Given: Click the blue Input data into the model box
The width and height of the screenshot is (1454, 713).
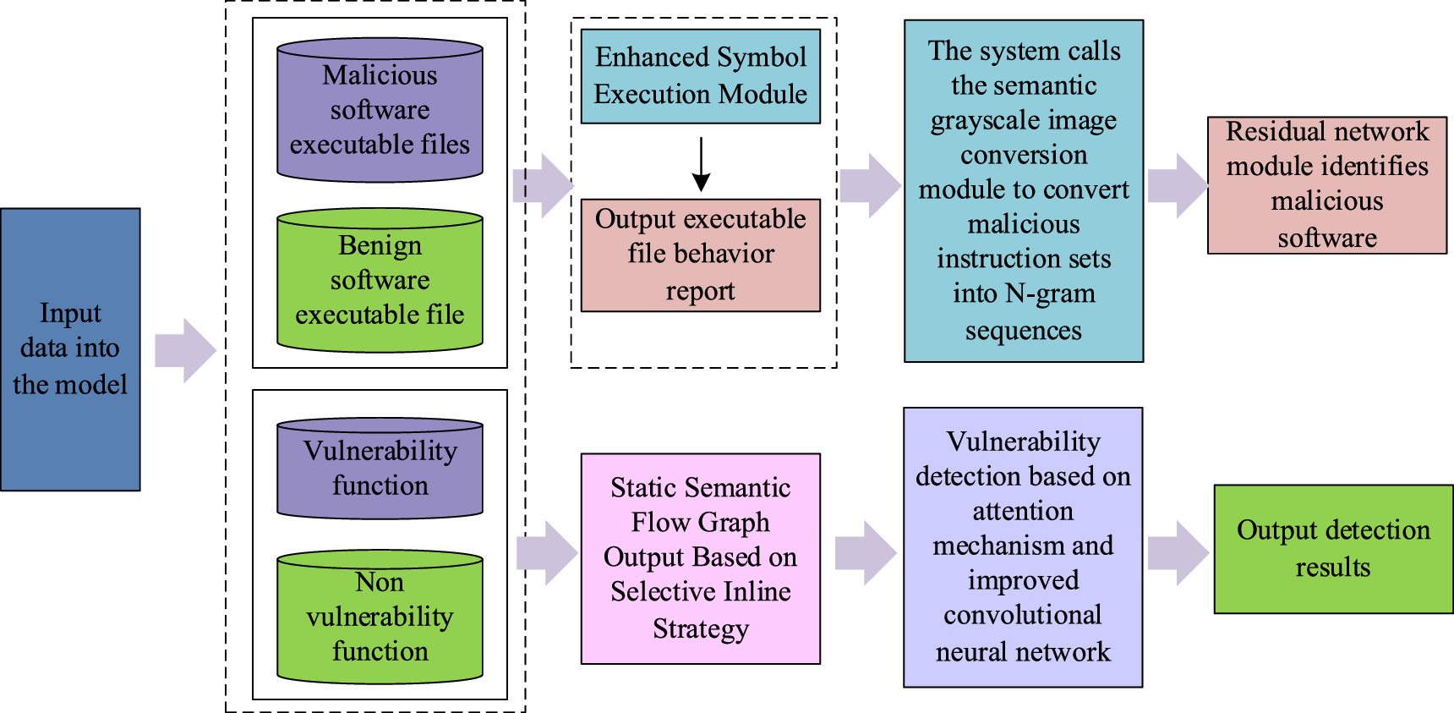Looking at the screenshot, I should click(x=70, y=348).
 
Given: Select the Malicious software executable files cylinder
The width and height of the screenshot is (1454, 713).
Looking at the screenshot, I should click(x=380, y=110).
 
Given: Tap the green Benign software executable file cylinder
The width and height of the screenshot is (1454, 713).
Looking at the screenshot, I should click(x=380, y=281).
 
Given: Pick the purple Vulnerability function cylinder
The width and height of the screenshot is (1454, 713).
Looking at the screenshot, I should click(x=380, y=468).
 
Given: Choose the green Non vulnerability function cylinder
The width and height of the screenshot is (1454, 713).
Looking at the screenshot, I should click(x=380, y=617).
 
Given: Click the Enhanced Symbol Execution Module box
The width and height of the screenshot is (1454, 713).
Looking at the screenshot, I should click(x=700, y=76).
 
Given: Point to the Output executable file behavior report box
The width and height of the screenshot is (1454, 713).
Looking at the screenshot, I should click(x=700, y=255).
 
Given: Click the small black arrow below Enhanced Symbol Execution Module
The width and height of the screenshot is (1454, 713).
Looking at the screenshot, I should click(x=701, y=164).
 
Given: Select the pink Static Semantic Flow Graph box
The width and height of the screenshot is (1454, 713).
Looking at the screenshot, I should click(x=700, y=558).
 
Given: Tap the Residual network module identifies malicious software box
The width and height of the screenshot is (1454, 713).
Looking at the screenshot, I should click(x=1326, y=184).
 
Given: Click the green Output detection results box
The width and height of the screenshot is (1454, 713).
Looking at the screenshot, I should click(x=1333, y=548).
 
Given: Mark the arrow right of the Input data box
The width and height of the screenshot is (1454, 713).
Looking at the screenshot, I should click(x=186, y=350).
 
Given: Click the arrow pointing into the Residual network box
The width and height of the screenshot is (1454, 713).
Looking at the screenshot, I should click(x=1178, y=185).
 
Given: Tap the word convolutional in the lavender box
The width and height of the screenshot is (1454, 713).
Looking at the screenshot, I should click(x=1022, y=615).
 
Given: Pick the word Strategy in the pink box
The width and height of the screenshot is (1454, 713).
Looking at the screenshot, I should click(x=700, y=629).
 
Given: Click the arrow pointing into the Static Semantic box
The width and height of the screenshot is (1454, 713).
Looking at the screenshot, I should click(x=548, y=553).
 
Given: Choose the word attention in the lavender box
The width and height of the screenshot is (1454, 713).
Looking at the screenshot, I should click(x=1022, y=511).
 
